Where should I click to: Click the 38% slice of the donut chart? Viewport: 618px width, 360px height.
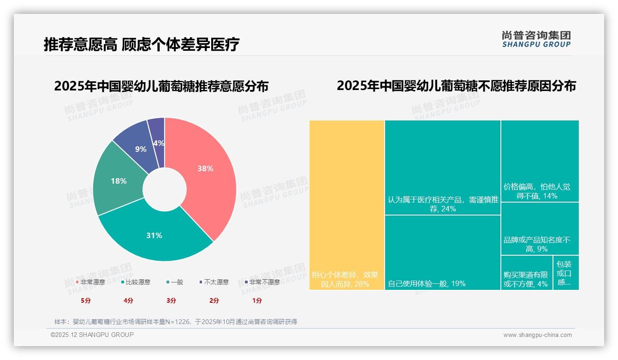[x=205, y=169]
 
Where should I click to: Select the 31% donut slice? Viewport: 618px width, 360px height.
[x=154, y=235]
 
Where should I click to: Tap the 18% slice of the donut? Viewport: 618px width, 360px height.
[x=119, y=181]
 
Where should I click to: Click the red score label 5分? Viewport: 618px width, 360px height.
[x=86, y=300]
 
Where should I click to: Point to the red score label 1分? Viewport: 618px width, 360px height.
[x=257, y=300]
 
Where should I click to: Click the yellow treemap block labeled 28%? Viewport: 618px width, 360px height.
[x=347, y=205]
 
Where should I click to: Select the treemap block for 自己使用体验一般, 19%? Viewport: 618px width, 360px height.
[x=442, y=252]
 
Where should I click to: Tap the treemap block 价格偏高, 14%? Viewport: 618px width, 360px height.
[x=540, y=161]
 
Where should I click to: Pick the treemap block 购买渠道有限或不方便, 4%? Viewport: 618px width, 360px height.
[x=526, y=273]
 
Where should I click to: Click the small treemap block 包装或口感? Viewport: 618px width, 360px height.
[x=565, y=273]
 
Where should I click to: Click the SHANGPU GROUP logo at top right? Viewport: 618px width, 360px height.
[x=536, y=39]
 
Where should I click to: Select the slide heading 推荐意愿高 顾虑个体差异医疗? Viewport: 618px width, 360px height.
[x=142, y=45]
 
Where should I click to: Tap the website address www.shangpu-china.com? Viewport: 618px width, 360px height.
[x=537, y=335]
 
